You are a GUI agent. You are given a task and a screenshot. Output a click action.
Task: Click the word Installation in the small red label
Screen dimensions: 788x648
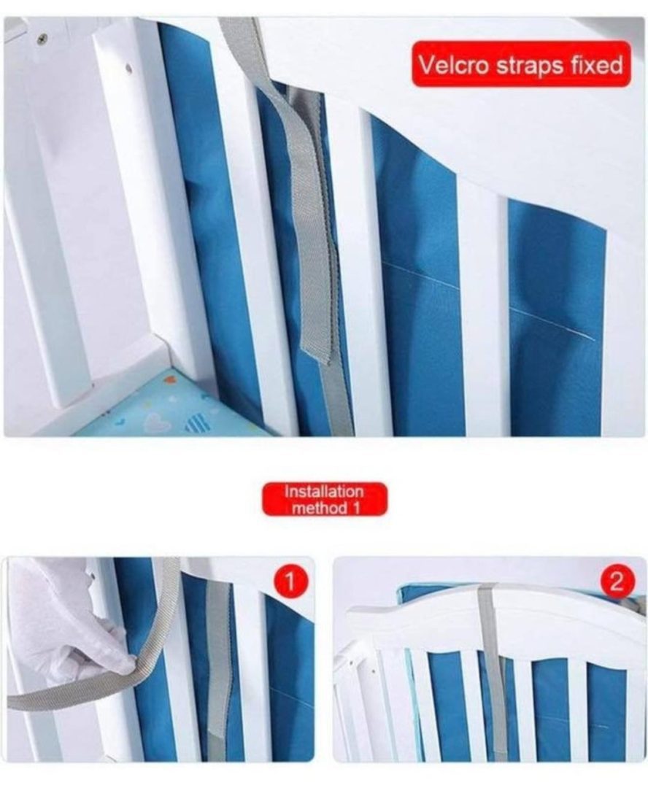coord(324,491)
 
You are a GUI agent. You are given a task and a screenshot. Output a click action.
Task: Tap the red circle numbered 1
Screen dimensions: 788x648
coord(290,582)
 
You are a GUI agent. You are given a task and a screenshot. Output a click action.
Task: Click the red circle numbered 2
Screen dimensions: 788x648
coord(617,582)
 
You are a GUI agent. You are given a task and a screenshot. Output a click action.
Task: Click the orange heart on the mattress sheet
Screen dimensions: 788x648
coord(169,379)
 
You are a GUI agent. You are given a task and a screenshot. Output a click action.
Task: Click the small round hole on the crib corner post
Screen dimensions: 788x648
coord(128,69)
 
